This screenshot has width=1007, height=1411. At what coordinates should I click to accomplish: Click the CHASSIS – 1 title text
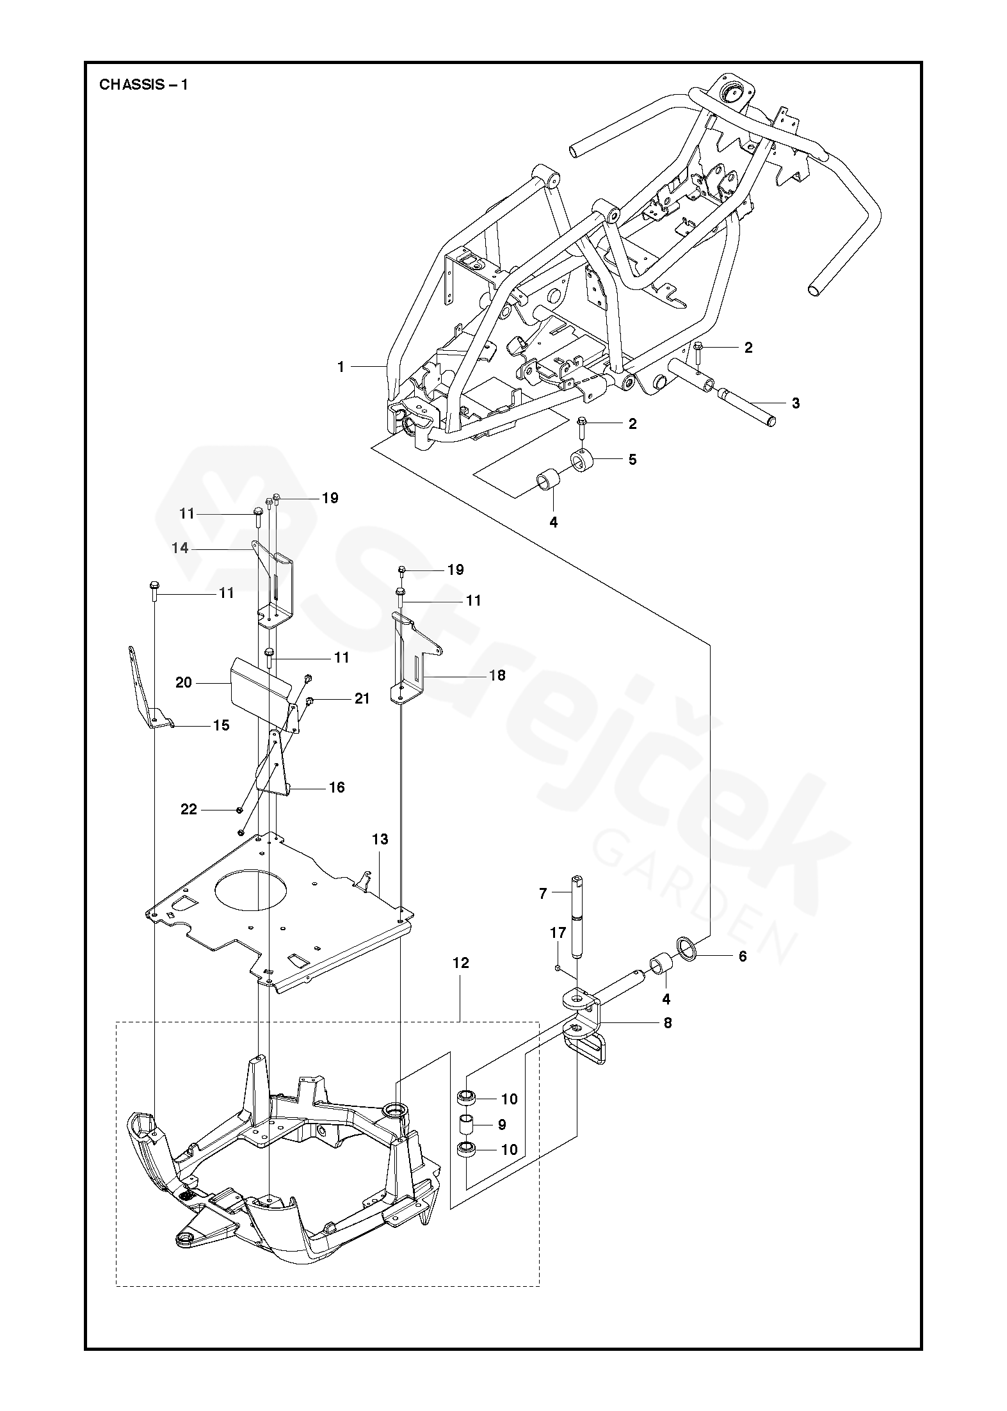(143, 85)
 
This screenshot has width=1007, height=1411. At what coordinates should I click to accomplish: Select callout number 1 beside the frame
(341, 367)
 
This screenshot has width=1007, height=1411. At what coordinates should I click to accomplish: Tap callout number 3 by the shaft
(795, 403)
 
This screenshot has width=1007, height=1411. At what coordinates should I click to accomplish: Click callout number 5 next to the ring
(632, 459)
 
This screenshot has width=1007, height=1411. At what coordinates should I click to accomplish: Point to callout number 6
(743, 974)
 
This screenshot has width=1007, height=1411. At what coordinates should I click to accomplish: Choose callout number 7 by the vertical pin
(543, 894)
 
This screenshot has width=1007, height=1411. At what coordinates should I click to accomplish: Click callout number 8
(668, 1023)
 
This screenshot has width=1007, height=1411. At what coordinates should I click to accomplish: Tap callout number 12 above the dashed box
(460, 981)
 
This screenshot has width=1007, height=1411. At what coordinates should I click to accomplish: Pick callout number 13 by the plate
(380, 839)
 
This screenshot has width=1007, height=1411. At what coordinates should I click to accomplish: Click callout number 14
(181, 548)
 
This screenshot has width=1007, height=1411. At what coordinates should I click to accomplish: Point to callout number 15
(221, 725)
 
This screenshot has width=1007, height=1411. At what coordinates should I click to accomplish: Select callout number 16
(337, 787)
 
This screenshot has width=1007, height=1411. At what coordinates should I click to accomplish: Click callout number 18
(497, 675)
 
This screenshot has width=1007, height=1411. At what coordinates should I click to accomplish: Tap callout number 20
(184, 683)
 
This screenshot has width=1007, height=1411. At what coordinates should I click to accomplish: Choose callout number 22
(188, 810)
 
